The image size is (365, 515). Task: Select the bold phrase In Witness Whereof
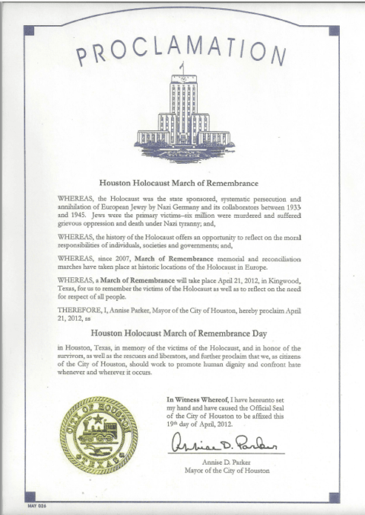point(196,399)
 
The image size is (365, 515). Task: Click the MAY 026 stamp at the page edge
point(37,506)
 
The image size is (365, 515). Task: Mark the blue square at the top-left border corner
point(28,30)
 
